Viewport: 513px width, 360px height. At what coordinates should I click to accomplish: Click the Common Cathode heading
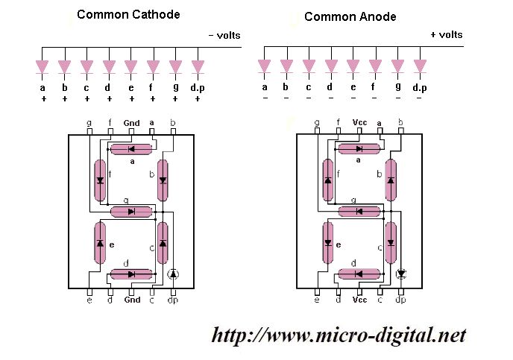click(x=128, y=14)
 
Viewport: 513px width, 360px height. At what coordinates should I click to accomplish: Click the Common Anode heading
click(x=350, y=16)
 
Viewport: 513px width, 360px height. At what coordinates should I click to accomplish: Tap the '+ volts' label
click(x=446, y=34)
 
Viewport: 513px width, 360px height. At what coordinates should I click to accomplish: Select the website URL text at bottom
click(x=339, y=335)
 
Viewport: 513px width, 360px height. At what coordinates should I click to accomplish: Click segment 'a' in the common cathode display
click(x=131, y=150)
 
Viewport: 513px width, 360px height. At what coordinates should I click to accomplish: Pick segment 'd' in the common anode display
click(x=359, y=274)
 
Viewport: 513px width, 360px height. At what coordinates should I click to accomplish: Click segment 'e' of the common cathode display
click(x=100, y=243)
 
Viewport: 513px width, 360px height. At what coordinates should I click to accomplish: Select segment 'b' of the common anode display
click(x=390, y=180)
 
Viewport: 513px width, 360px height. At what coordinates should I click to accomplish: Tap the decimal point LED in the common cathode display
click(x=174, y=274)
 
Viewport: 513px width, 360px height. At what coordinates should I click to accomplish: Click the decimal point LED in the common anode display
click(x=401, y=274)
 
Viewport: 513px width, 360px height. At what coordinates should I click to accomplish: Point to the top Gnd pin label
click(x=132, y=123)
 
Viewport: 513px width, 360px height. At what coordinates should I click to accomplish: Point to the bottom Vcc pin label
click(x=359, y=300)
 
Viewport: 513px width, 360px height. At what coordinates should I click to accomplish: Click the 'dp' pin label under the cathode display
click(x=173, y=300)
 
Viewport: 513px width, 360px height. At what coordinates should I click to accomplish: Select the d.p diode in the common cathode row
click(x=198, y=67)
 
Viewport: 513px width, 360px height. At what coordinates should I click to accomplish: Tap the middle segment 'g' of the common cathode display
click(x=131, y=212)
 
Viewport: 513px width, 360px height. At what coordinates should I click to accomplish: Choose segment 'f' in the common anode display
click(x=327, y=180)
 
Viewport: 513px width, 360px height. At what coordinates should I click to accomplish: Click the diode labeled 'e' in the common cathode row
click(x=131, y=67)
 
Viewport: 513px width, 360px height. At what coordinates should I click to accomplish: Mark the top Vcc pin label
click(x=359, y=123)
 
